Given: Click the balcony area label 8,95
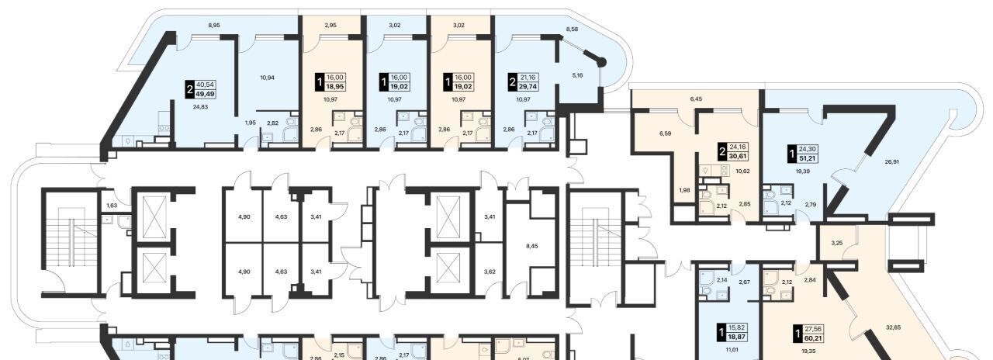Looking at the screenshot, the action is [x=213, y=26].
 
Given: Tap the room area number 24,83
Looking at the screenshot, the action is [x=201, y=107].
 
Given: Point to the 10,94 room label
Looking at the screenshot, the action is [x=268, y=78].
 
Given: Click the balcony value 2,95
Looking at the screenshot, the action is [x=330, y=26].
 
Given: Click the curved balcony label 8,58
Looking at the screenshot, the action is [x=573, y=29].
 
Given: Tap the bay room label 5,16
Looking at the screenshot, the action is [x=577, y=75].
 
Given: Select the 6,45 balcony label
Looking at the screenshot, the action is [x=696, y=99].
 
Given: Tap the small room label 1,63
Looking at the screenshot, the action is [x=112, y=206].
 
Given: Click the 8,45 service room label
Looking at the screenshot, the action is [x=531, y=246].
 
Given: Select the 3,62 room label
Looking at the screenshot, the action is [x=490, y=272].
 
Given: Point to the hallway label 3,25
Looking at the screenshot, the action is [x=836, y=244].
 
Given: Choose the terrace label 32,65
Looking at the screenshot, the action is [x=893, y=327].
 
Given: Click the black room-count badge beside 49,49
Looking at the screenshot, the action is [x=190, y=89].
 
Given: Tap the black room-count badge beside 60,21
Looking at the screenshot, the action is [x=798, y=345].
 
